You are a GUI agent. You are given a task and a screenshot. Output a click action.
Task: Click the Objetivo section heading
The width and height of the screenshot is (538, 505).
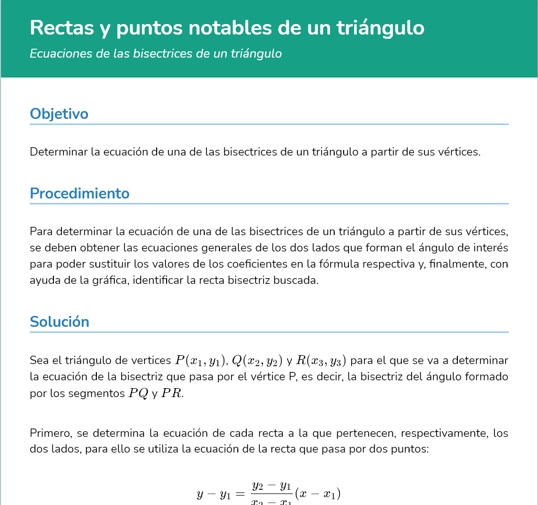[59, 114]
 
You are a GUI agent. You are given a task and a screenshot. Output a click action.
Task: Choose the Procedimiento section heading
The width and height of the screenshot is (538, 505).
[80, 193]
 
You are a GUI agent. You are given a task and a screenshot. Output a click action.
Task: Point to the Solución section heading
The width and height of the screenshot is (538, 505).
[60, 322]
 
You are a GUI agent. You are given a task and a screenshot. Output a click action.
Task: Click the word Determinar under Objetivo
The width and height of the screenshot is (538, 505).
[58, 152]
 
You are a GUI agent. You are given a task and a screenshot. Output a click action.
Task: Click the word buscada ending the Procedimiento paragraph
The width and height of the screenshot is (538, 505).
[300, 280]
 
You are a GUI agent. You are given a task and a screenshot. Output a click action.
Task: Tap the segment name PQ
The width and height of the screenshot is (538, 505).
[138, 394]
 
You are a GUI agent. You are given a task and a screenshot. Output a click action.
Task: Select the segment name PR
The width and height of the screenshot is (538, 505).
[172, 394]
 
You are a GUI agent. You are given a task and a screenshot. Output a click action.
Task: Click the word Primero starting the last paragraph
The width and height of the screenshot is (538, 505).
[50, 433]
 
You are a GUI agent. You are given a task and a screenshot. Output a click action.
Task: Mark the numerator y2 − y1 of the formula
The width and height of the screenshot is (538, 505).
[271, 486]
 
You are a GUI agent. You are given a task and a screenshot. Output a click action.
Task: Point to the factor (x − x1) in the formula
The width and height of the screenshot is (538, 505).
[318, 494]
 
